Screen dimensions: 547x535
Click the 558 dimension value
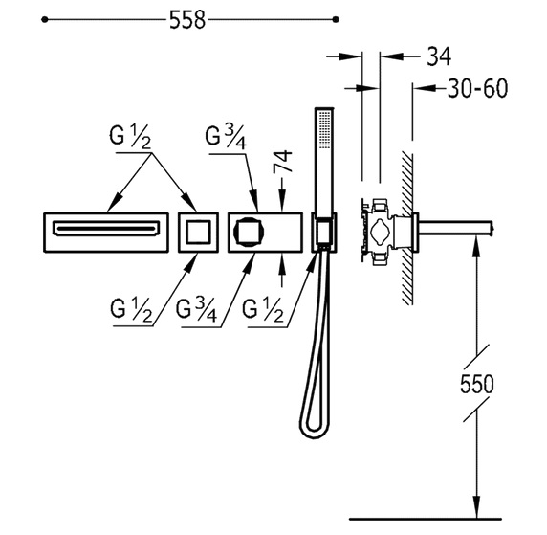pos(187,20)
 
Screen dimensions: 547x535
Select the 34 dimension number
pos(439,56)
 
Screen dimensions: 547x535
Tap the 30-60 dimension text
pos(477,88)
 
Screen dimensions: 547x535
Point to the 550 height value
pos(477,384)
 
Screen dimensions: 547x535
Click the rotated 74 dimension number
pos(282,161)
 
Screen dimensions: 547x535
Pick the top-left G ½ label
pos(130,137)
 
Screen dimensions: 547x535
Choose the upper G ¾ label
pos(226,138)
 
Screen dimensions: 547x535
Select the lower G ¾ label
pos(196,310)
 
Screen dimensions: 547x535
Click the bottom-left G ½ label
pos(132,310)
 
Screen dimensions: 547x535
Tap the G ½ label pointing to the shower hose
pos(263,310)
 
